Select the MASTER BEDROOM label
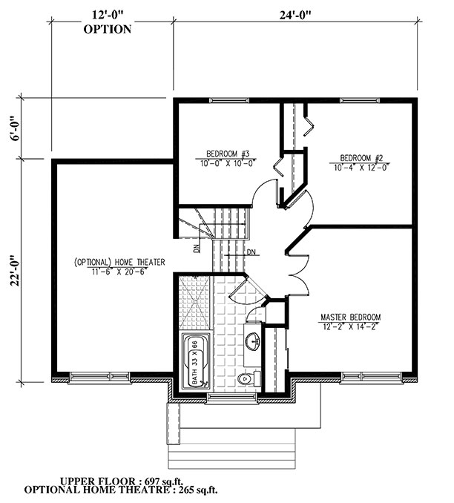coord(349,317)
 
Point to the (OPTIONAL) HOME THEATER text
coord(119,262)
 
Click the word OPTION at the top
coord(108,30)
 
